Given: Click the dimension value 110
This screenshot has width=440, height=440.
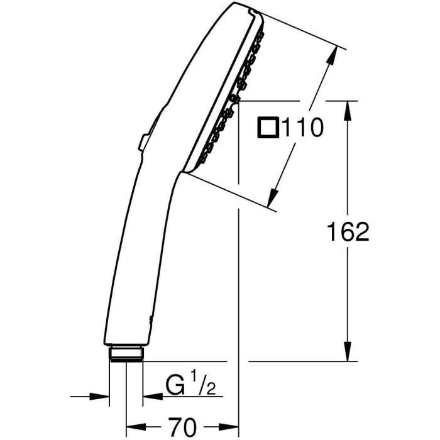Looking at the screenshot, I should (x=302, y=128).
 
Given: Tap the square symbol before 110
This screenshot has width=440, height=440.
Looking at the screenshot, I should (x=268, y=128).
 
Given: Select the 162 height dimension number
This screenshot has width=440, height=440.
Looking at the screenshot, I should (x=348, y=232).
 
